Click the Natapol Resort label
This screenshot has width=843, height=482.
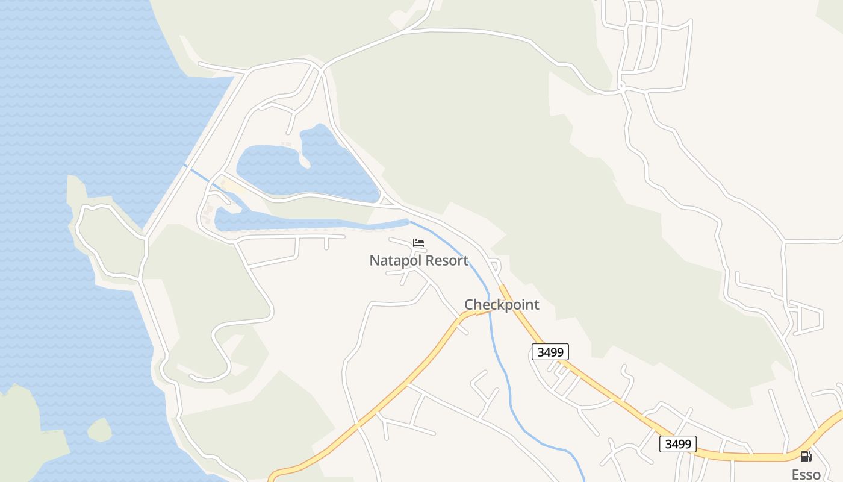pos(418,261)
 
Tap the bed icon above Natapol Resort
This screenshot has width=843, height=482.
pos(418,243)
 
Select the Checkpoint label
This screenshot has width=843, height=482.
pos(502,305)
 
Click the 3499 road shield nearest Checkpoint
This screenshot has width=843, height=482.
pos(550,352)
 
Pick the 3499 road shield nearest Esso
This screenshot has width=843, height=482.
pos(677,444)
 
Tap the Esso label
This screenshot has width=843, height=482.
pos(806,474)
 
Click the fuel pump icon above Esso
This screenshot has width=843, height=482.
pos(806,457)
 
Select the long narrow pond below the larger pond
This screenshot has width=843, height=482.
pos(301,221)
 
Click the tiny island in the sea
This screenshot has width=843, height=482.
pos(99,430)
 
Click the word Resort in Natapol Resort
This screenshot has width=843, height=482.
pos(445,261)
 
